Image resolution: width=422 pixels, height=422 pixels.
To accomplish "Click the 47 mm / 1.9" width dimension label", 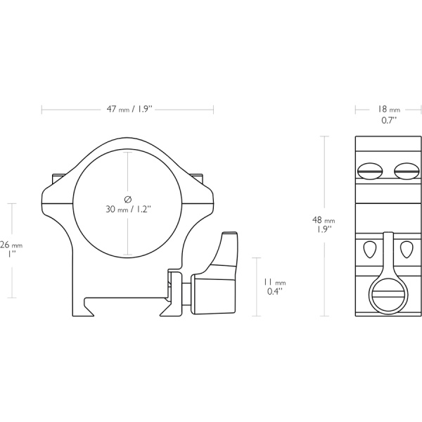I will tap(127, 109).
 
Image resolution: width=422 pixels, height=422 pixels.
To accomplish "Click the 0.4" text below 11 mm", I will tap(274, 290).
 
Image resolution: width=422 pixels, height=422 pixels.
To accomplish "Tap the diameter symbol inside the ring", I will tap(127, 198).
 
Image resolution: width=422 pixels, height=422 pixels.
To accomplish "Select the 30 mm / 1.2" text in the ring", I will tap(127, 209).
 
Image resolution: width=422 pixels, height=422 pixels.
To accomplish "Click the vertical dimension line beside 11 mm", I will tap(253, 285).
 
